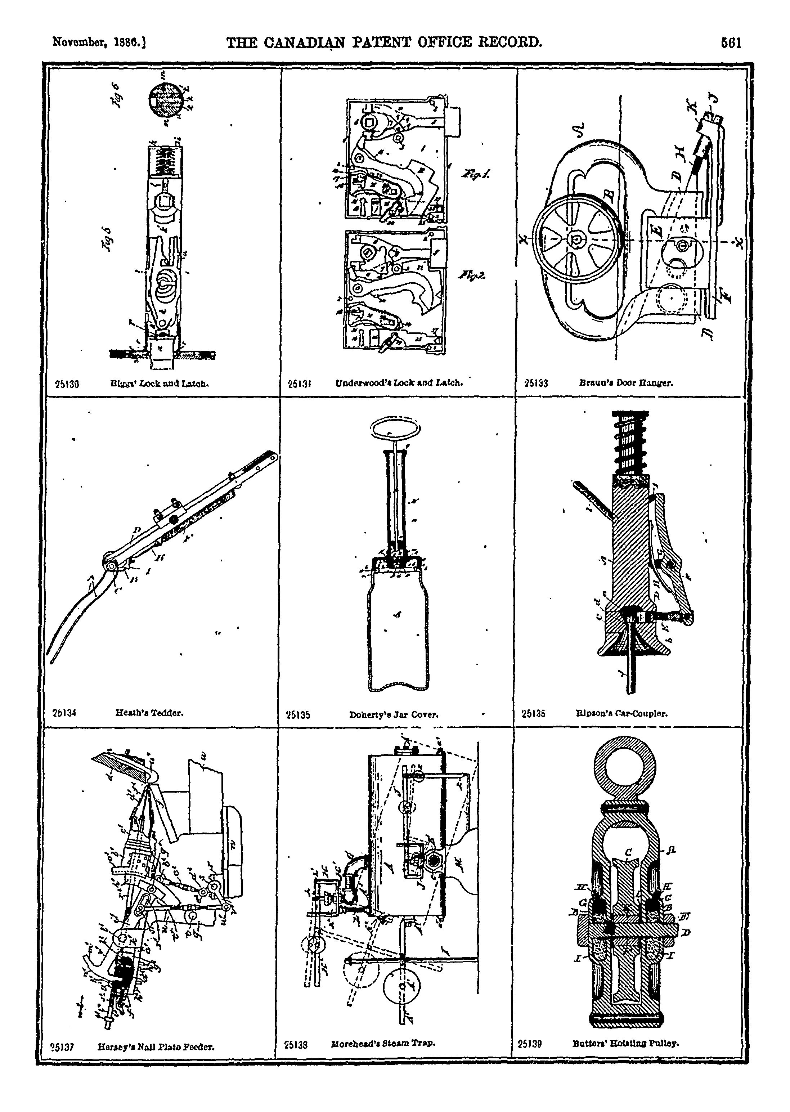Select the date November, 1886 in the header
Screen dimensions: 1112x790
[x=99, y=43]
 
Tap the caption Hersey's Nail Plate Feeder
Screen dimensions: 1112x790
[x=156, y=1046]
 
